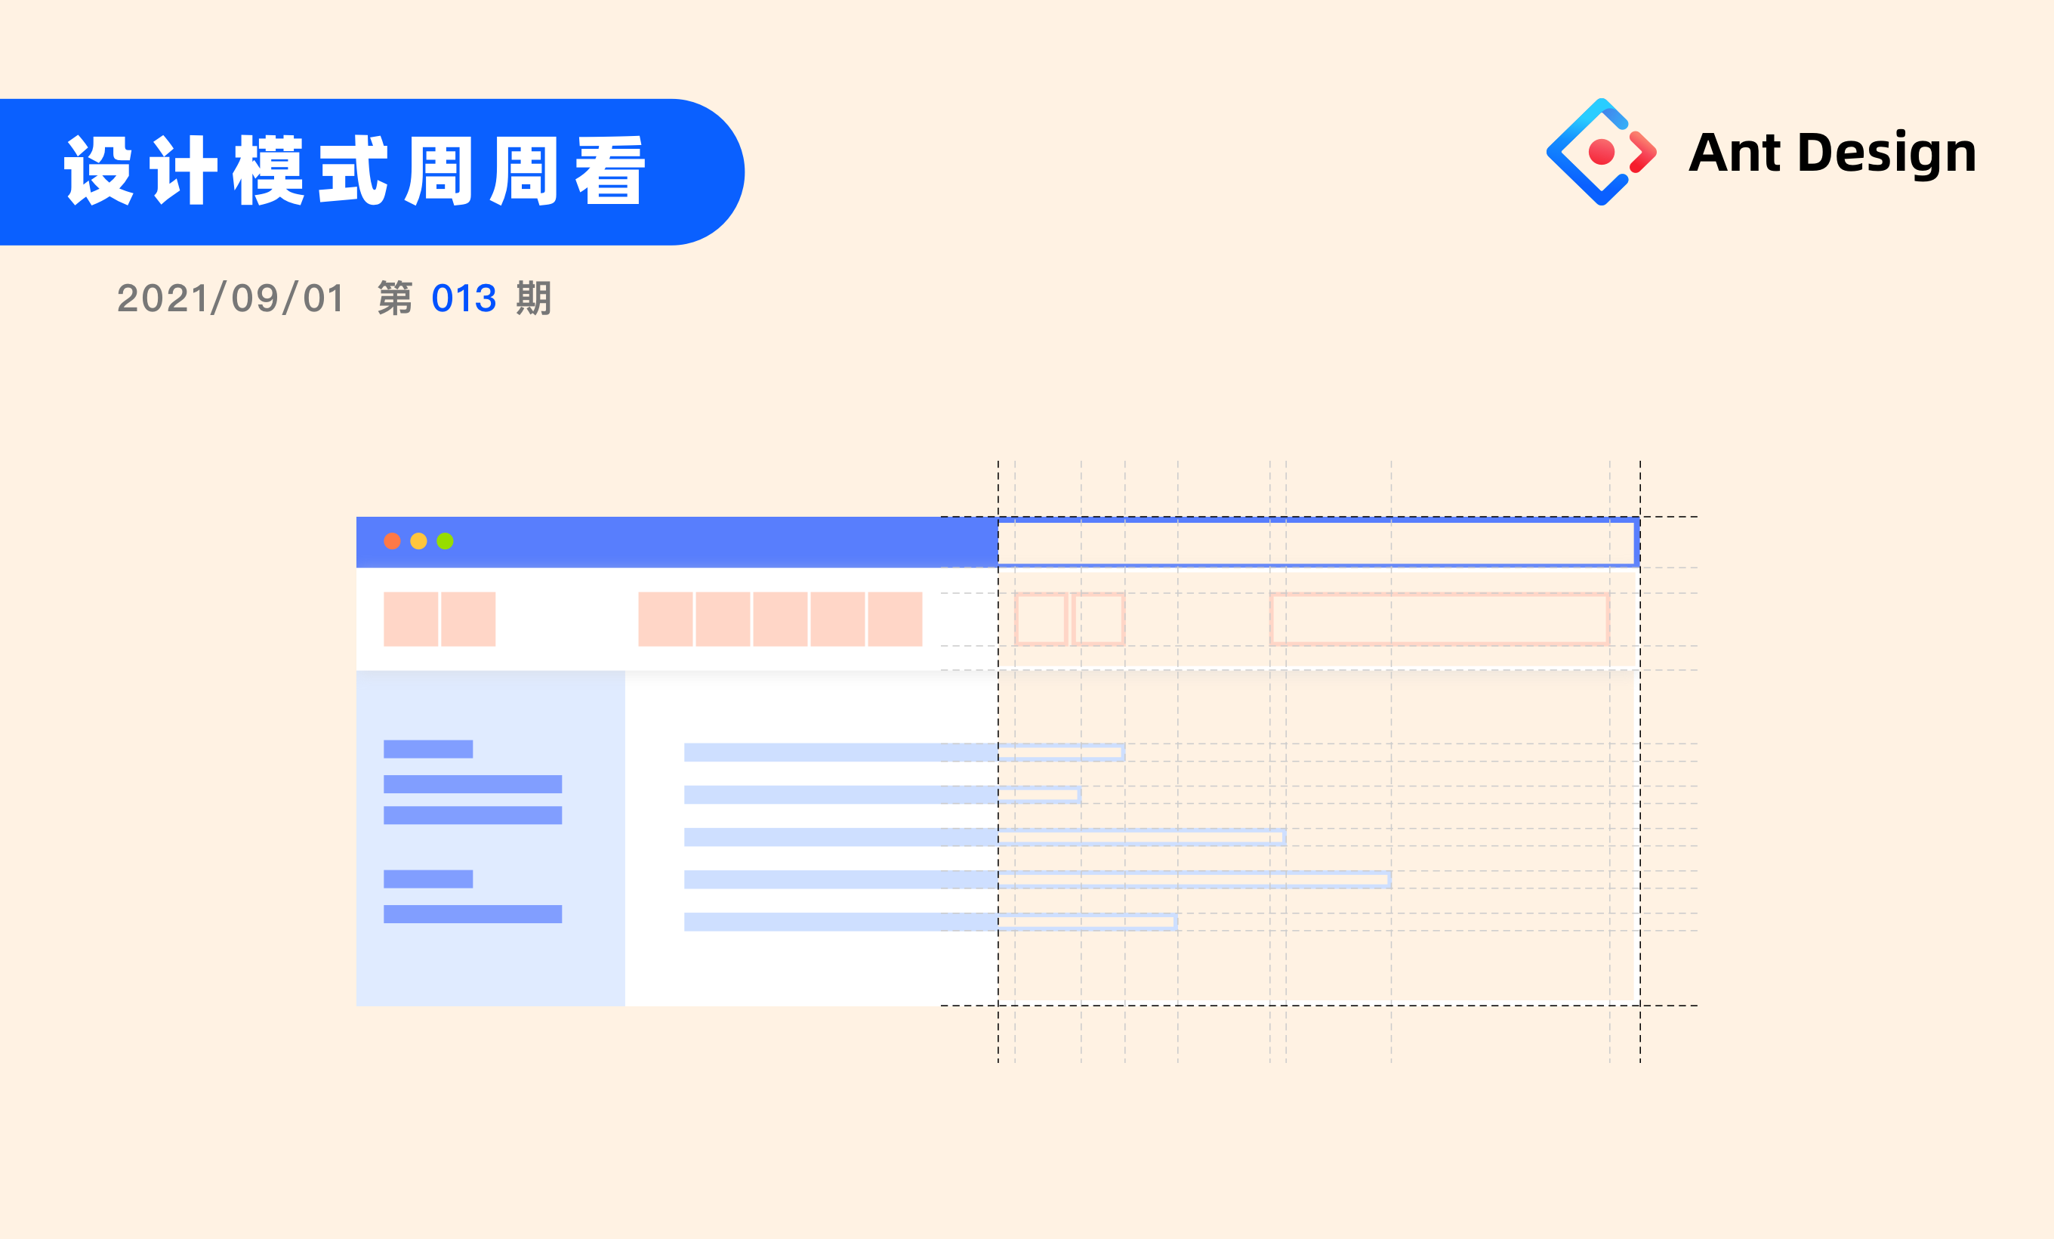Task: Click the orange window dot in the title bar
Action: point(392,541)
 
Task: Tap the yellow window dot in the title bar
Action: point(418,541)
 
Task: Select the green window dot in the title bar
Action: point(445,541)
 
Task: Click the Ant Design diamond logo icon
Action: point(1600,152)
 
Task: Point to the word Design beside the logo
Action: point(1886,153)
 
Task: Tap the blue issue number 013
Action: point(464,298)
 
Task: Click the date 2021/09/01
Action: point(231,298)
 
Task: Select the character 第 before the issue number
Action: point(395,298)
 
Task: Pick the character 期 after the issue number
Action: point(533,298)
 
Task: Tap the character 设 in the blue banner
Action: point(99,171)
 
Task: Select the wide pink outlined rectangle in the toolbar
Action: point(1439,619)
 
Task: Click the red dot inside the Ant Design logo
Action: point(1602,152)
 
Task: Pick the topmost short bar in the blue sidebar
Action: point(427,749)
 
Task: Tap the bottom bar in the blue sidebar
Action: point(473,914)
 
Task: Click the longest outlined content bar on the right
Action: point(1194,879)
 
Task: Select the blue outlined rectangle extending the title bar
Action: point(1318,542)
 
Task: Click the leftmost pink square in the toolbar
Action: point(410,619)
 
